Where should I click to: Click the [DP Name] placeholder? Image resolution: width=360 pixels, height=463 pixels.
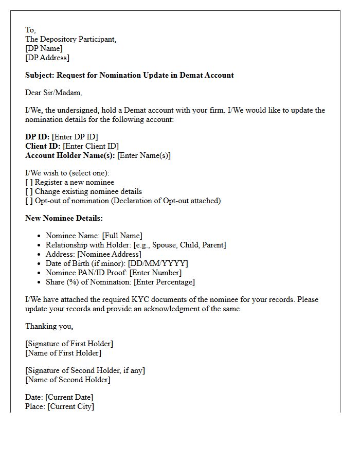tap(44, 48)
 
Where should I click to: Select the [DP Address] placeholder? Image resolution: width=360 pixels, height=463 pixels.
tap(47, 58)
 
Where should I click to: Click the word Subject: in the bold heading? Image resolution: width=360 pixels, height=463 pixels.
tap(40, 75)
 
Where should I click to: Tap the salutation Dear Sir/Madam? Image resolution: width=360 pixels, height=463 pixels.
tap(53, 93)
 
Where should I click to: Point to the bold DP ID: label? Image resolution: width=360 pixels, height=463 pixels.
tap(38, 137)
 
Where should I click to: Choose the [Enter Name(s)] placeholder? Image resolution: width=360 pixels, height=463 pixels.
tap(144, 155)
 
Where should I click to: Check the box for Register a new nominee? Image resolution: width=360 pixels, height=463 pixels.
tap(29, 182)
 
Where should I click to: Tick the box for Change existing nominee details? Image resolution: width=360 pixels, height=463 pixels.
tap(29, 191)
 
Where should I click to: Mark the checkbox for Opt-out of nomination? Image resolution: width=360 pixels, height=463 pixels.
tap(29, 201)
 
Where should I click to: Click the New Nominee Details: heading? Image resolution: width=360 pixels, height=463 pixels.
tap(64, 218)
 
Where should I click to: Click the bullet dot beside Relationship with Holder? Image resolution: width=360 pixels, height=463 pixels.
tap(40, 245)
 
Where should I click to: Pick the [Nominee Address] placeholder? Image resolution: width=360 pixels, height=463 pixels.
tap(109, 254)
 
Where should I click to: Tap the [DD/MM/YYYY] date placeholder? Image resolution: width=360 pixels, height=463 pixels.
tap(158, 263)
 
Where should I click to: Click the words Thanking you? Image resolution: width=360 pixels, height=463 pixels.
tap(49, 326)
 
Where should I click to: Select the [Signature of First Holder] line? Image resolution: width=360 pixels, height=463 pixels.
tap(69, 344)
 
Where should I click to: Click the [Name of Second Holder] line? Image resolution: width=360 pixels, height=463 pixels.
tap(67, 380)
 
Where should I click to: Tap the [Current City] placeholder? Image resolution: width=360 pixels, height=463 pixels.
tap(70, 406)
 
